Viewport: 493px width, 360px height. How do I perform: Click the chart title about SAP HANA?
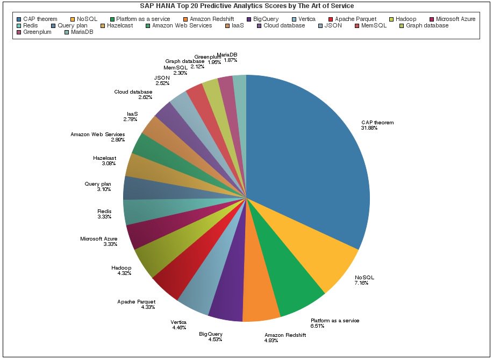pyautogui.click(x=247, y=6)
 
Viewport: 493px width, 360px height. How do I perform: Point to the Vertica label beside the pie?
pyautogui.click(x=178, y=322)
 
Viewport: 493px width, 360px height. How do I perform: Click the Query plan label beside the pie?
pyautogui.click(x=98, y=184)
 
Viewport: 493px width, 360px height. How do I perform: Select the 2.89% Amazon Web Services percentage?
pyautogui.click(x=117, y=139)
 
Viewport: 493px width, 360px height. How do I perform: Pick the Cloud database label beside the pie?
pyautogui.click(x=133, y=92)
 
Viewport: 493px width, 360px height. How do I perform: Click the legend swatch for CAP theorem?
pyautogui.click(x=18, y=19)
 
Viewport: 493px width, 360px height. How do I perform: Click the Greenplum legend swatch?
pyautogui.click(x=18, y=32)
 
